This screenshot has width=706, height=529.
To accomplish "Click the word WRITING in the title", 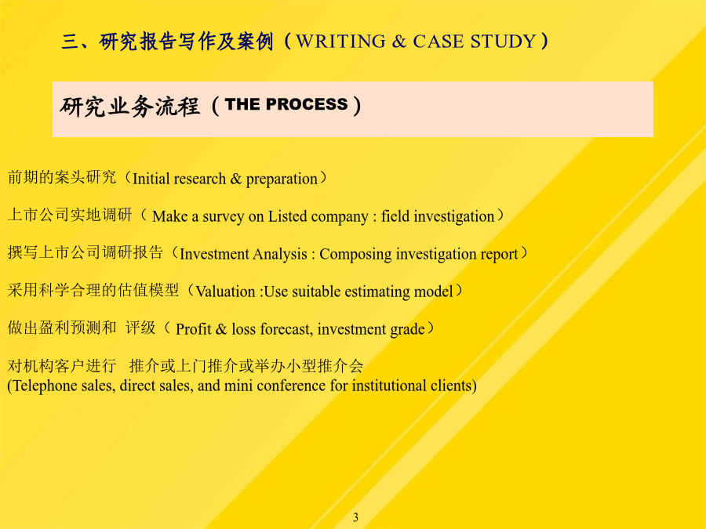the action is point(341,42).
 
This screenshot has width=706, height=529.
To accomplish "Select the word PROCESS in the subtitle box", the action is point(307,104).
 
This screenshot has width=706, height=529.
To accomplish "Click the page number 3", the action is point(355,517).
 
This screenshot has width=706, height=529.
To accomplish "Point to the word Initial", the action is point(151,179).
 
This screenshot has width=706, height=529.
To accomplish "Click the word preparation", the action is point(282,179).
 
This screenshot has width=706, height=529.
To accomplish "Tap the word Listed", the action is point(288,216).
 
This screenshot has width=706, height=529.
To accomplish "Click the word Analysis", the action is point(280,255).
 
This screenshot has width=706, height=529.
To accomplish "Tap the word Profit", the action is point(194,329).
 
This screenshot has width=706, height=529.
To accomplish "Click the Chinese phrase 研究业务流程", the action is point(129,106).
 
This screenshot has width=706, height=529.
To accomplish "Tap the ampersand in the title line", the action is point(399,42).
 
